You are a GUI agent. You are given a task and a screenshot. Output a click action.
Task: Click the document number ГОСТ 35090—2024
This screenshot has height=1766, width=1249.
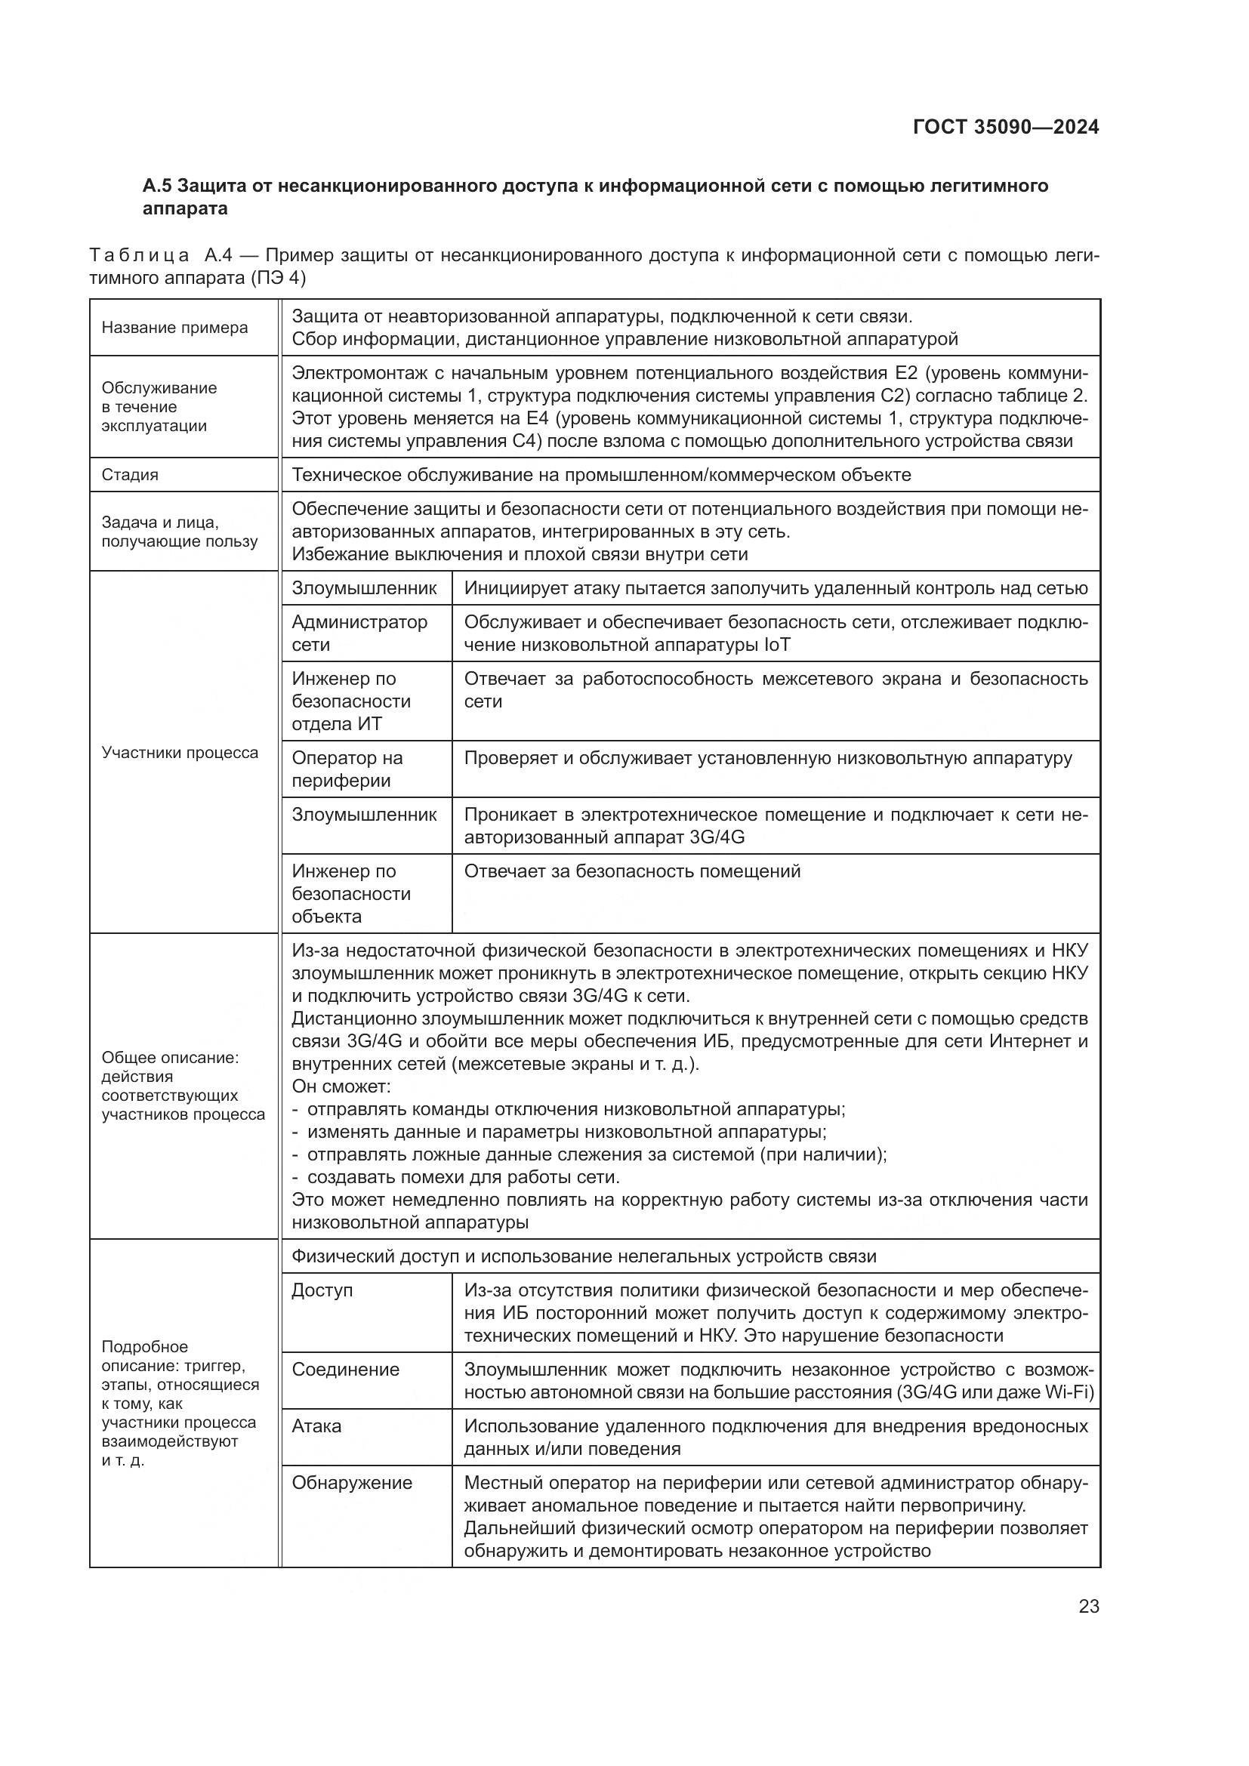1006,128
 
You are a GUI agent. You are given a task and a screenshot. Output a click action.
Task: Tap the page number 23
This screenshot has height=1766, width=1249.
1089,1606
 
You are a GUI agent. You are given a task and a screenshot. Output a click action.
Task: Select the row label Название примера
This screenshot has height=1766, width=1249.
174,328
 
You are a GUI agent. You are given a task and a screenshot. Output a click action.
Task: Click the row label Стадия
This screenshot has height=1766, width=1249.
130,476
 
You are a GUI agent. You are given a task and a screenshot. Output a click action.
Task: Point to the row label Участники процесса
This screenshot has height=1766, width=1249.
180,753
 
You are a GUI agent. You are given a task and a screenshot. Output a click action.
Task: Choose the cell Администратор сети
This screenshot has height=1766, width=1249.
359,633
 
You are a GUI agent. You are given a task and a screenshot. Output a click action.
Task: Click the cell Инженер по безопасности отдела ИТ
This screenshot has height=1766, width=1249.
351,701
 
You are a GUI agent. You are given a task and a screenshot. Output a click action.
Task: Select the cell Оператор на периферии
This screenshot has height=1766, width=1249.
347,769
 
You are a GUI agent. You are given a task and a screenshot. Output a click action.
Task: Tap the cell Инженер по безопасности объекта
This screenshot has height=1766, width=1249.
351,894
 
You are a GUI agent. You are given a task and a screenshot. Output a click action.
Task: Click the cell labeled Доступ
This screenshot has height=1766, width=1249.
322,1290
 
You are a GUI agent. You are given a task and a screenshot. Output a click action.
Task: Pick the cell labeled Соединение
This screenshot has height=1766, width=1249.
345,1369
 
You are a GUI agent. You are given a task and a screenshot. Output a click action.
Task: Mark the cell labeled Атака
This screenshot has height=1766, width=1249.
316,1426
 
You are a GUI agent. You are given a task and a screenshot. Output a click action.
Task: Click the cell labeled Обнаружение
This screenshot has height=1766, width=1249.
352,1483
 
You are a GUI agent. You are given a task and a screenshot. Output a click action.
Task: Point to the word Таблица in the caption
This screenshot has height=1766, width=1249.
139,255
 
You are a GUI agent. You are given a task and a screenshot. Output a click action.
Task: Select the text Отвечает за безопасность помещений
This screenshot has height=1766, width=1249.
632,871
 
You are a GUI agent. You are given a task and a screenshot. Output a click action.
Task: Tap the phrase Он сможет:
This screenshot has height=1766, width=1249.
341,1086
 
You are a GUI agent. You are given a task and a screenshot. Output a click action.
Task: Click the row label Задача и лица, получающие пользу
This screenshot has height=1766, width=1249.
180,532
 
